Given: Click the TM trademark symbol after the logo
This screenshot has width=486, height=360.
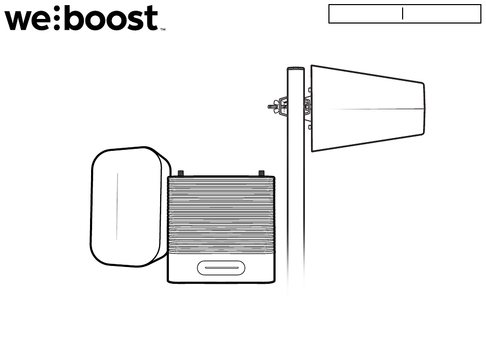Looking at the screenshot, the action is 163,30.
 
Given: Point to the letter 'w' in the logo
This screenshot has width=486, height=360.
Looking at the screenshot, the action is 19,20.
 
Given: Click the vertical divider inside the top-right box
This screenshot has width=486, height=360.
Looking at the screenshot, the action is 403,14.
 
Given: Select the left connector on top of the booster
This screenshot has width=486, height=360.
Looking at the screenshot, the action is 181,173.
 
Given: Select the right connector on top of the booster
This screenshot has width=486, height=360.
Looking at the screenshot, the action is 261,173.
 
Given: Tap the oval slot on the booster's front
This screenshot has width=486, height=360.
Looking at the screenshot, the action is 221,267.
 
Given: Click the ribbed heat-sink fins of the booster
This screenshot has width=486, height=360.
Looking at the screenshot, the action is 221,215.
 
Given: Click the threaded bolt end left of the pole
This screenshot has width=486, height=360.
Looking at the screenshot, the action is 271,107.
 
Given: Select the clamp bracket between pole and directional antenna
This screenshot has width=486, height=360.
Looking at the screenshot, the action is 307,106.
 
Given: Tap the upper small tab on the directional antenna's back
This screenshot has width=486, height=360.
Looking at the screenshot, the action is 310,89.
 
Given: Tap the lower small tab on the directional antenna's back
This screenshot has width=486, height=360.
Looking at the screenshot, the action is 310,126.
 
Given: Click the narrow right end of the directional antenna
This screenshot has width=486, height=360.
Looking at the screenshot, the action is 424,108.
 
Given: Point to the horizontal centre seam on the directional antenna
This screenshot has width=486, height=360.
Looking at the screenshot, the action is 368,108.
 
